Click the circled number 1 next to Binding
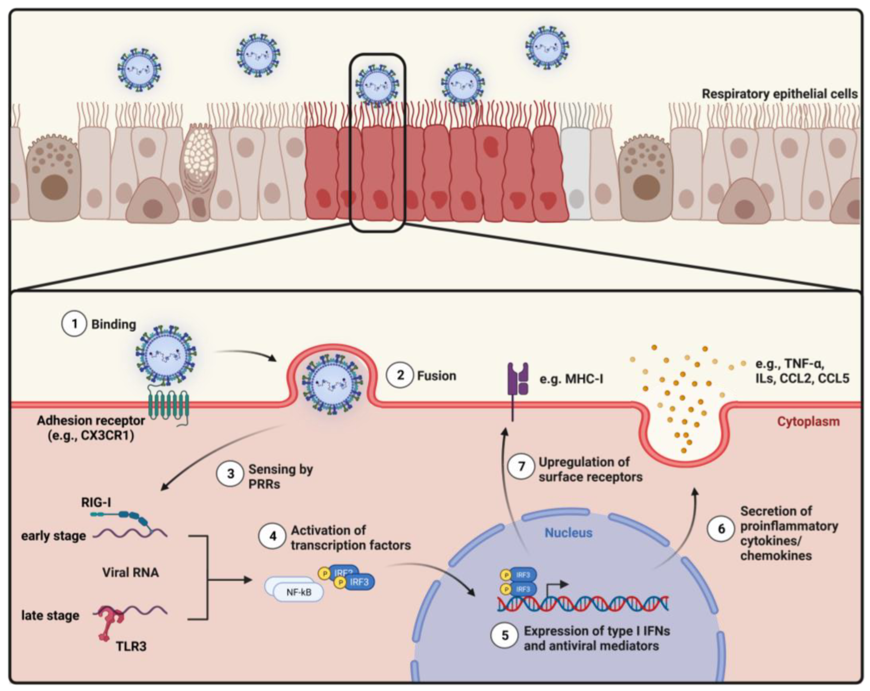point(74,324)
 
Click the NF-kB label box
point(299,592)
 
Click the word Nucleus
point(568,533)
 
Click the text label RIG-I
point(96,502)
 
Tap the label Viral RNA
point(130,572)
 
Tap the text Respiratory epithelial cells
point(780,94)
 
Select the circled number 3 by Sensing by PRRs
point(230,473)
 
